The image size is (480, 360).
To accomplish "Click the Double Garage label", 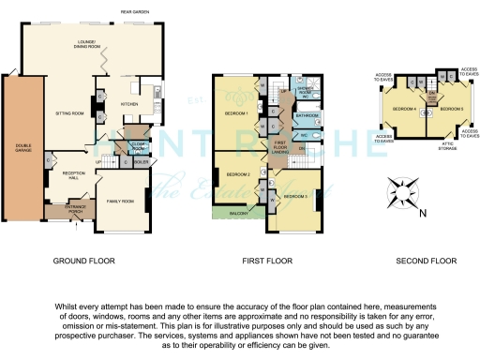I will [20, 147].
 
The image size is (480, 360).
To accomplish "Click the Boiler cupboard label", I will [141, 160].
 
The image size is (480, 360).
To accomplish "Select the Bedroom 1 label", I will [233, 113].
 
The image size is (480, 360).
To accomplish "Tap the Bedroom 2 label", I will [235, 174].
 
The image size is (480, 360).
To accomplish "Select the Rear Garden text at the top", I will [136, 11].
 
